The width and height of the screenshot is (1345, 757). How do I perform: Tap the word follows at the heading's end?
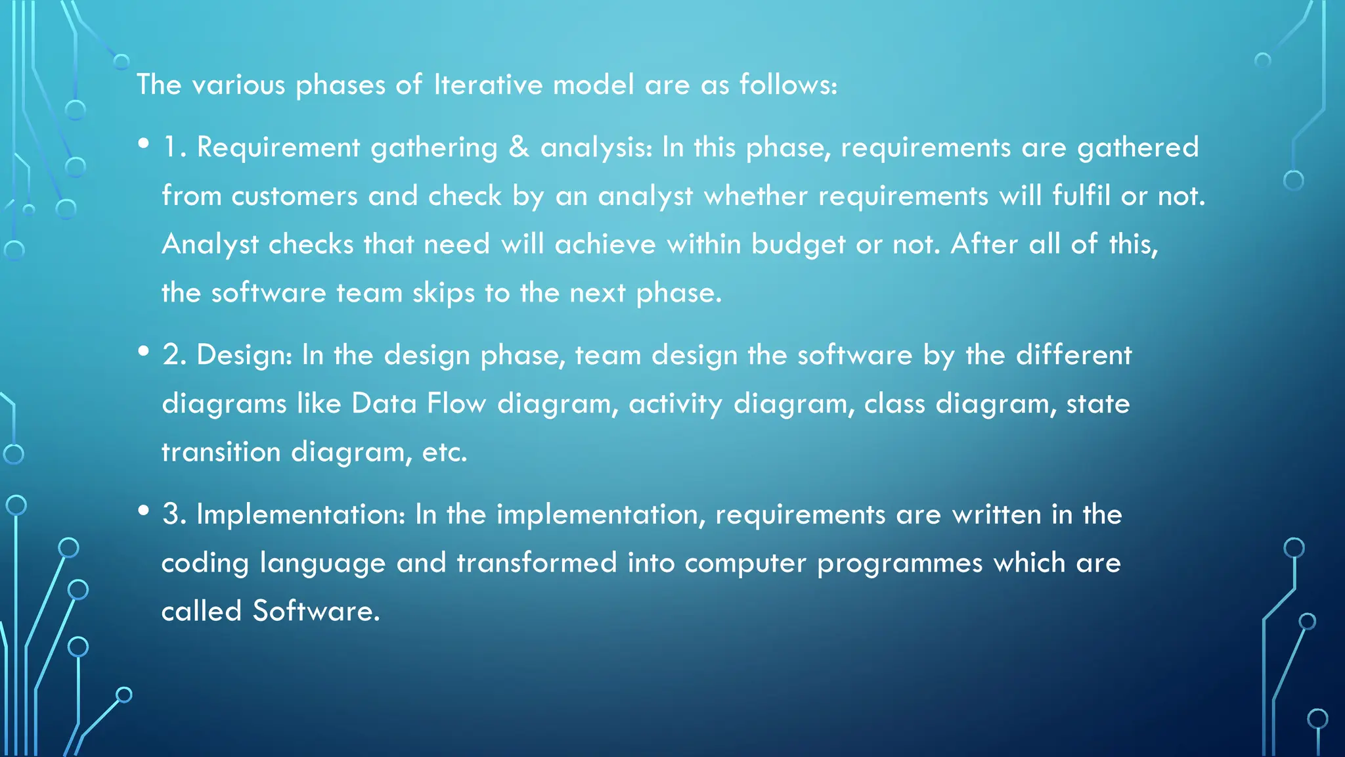tap(787, 85)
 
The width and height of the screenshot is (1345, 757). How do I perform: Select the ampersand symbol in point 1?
tap(519, 147)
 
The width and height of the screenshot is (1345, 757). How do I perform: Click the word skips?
tap(443, 293)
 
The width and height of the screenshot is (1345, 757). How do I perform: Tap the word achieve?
tap(605, 244)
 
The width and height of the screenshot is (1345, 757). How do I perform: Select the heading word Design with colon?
tap(244, 356)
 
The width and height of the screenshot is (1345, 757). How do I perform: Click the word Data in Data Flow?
tap(384, 403)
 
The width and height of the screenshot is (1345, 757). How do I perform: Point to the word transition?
tap(221, 452)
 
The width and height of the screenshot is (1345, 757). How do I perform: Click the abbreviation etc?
tap(444, 452)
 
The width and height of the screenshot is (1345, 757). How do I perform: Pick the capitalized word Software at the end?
tap(316, 611)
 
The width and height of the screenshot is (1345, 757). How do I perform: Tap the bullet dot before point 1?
tap(144, 143)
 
